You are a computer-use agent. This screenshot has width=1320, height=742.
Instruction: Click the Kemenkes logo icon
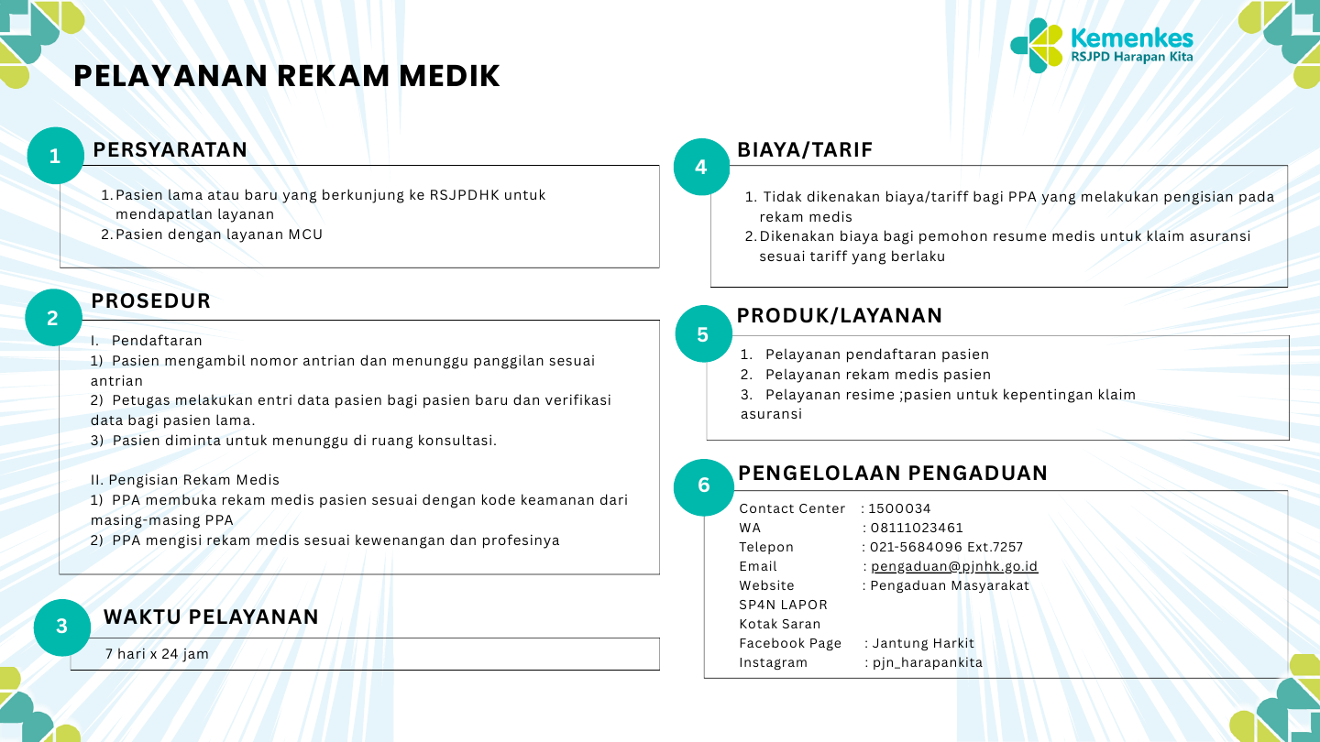click(1037, 46)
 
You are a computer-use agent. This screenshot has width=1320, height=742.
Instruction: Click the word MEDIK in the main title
click(449, 76)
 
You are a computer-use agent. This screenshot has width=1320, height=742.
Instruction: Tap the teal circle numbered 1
click(55, 156)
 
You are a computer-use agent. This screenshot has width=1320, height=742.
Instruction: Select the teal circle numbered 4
click(701, 167)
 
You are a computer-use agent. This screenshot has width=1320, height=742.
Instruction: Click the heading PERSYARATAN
click(170, 149)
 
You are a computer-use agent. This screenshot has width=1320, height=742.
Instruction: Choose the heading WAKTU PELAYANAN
click(211, 617)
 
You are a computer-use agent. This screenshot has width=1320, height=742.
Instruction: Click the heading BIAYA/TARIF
click(805, 149)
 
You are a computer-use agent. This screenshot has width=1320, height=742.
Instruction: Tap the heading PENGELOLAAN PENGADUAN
click(893, 473)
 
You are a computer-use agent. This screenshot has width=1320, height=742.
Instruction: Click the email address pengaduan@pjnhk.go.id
click(954, 566)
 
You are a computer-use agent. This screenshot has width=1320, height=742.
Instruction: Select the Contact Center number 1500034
click(899, 508)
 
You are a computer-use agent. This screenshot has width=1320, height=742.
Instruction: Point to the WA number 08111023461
click(917, 528)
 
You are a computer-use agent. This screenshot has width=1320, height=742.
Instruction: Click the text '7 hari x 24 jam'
click(157, 654)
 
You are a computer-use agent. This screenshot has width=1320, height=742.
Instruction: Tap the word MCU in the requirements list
click(305, 235)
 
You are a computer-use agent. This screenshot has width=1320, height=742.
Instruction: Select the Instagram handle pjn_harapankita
click(928, 662)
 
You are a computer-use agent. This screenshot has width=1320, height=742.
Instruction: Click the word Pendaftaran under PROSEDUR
click(157, 341)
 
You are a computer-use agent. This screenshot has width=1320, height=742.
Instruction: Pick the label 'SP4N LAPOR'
click(783, 605)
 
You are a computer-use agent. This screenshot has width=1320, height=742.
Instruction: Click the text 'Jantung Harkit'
click(923, 643)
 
